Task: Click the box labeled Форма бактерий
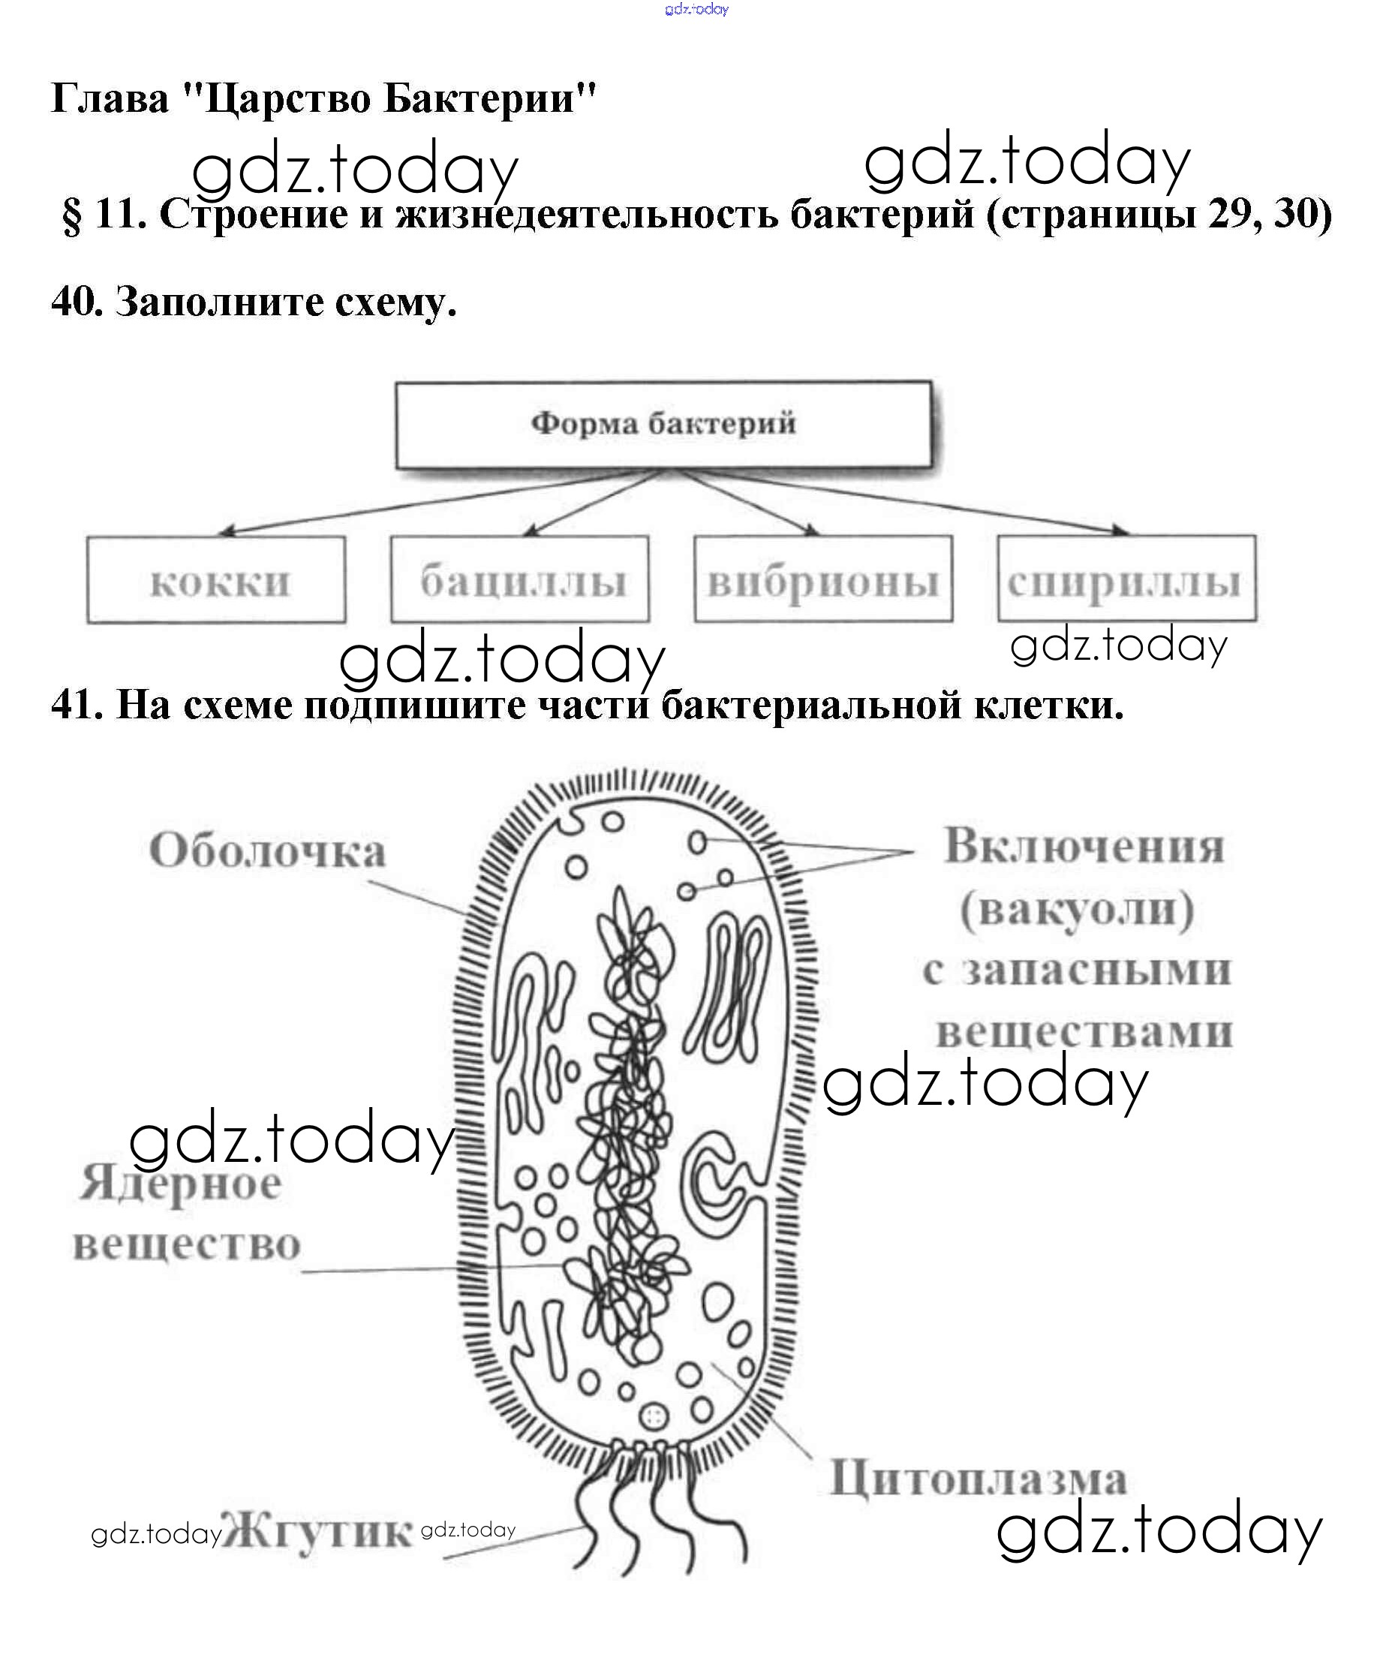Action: coord(663,425)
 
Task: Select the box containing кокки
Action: coord(216,580)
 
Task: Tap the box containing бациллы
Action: coord(519,580)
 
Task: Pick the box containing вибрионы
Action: coord(823,580)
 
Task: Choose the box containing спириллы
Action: coord(1126,580)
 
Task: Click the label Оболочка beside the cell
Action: coord(267,852)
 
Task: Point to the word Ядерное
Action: coord(180,1184)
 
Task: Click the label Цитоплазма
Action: coord(979,1479)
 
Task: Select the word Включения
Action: coord(1084,847)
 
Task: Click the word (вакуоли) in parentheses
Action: coord(1078,910)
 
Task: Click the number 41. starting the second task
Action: coord(77,704)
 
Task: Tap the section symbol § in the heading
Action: coord(71,215)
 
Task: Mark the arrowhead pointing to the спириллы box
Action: coord(1120,530)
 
